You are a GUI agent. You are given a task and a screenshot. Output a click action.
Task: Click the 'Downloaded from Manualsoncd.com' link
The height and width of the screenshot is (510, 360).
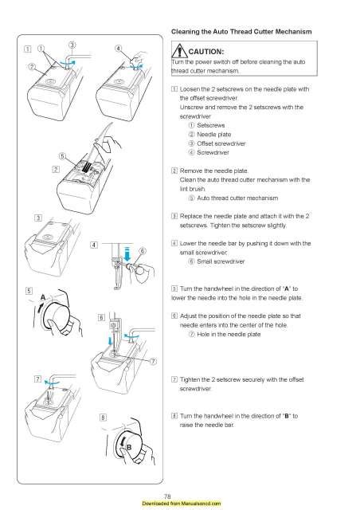179,504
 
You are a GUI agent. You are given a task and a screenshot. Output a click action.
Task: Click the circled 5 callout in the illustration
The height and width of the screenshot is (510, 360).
61,155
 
